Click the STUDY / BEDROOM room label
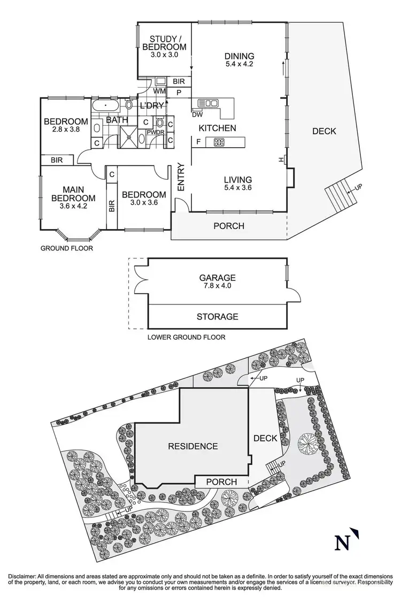click(x=164, y=46)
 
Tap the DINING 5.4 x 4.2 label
click(x=238, y=59)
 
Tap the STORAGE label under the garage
click(x=217, y=316)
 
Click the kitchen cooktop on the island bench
click(x=219, y=142)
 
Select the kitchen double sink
click(x=208, y=103)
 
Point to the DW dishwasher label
click(x=197, y=113)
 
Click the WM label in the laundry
click(x=159, y=92)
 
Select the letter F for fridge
click(x=199, y=142)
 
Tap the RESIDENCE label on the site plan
click(x=193, y=446)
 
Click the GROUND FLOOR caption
click(x=67, y=248)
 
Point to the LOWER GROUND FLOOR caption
click(x=186, y=337)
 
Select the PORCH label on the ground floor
click(x=228, y=226)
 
